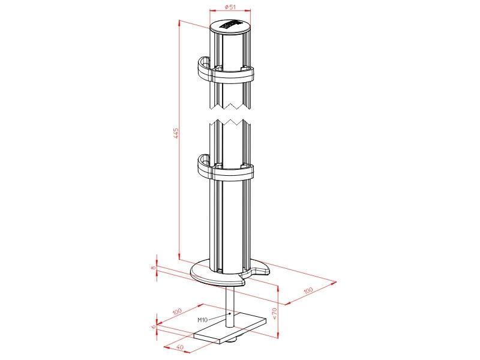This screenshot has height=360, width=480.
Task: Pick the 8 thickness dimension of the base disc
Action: pyautogui.click(x=154, y=268)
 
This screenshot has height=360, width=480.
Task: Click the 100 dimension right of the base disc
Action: pyautogui.click(x=308, y=290)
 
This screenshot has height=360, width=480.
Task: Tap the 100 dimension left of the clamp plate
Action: pyautogui.click(x=177, y=313)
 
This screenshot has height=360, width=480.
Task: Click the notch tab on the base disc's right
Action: pyautogui.click(x=263, y=272)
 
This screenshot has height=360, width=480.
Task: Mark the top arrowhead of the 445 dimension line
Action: pyautogui.click(x=180, y=22)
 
